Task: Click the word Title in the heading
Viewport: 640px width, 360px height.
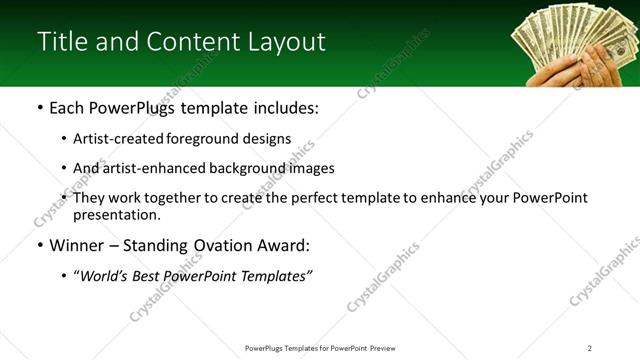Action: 59,42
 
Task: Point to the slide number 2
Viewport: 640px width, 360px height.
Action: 590,348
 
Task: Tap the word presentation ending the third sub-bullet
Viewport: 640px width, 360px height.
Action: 116,215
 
